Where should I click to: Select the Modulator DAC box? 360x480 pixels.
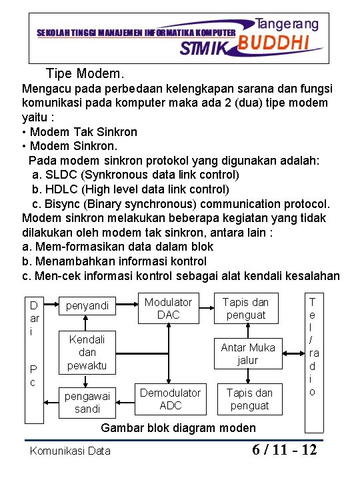pyautogui.click(x=168, y=308)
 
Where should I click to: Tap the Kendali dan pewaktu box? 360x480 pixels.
pyautogui.click(x=87, y=351)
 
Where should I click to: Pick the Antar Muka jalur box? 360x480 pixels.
pyautogui.click(x=248, y=353)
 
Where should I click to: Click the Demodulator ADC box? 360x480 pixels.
pyautogui.click(x=171, y=399)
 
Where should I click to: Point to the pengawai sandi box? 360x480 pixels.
pyautogui.click(x=87, y=402)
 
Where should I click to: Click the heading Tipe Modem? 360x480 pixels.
pyautogui.click(x=85, y=73)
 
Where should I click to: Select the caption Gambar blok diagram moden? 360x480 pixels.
pyautogui.click(x=177, y=428)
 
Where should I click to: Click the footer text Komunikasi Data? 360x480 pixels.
pyautogui.click(x=70, y=451)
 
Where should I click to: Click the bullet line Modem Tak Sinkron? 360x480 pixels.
pyautogui.click(x=84, y=131)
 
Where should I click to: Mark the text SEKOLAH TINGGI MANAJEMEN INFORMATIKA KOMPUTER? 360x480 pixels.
pyautogui.click(x=135, y=32)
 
